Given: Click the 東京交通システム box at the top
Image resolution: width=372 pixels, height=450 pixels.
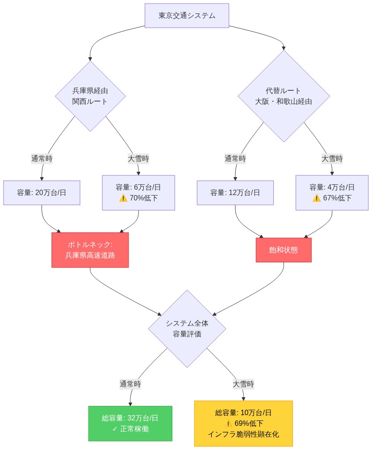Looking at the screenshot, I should coord(187,16).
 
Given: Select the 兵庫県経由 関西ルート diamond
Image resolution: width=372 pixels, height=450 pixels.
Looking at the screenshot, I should coord(90,96).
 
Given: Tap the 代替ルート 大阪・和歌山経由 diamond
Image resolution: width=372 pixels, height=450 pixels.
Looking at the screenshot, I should coord(284,96).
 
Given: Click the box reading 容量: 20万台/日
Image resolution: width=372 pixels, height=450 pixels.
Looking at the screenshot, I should coord(42,193).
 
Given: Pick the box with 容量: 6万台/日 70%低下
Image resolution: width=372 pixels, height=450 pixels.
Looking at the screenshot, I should coord(138,192).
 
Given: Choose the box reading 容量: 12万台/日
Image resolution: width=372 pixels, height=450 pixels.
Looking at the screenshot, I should coord(235,193).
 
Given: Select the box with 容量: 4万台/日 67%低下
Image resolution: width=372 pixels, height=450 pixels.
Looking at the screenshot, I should coord(332,192).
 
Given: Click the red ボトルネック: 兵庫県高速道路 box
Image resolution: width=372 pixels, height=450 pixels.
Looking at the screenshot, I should coord(90,250).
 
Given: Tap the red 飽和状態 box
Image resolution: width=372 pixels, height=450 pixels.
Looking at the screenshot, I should coord(284,250).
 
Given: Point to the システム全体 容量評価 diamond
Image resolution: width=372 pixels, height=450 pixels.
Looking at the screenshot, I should coord(187,329).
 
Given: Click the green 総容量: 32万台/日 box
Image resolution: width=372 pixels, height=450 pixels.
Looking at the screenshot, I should coord(130,424).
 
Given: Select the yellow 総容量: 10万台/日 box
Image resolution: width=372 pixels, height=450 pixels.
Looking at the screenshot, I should coord(243,424).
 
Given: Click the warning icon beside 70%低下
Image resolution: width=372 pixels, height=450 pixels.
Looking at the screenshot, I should coord(123,198).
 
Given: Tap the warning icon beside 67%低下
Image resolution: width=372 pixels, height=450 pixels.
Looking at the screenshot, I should coord(317,198).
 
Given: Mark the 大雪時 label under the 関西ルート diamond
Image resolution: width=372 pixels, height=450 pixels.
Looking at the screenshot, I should coord(138,158).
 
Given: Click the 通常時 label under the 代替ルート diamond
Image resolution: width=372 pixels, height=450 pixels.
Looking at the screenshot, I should coord(235,158).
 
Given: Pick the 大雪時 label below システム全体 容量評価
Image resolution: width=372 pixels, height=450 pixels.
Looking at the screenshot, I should coord(243,384).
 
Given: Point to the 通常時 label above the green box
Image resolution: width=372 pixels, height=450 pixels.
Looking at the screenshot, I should coord(130,384).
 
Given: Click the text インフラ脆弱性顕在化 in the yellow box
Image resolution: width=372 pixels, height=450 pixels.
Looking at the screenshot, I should coord(243,434).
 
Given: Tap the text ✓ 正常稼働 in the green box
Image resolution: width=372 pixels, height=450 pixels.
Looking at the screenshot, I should coord(130,429).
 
